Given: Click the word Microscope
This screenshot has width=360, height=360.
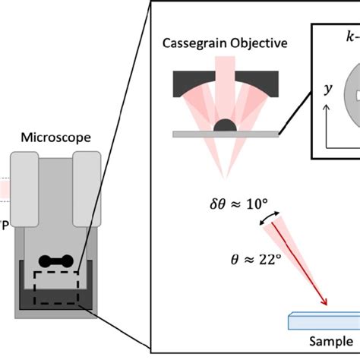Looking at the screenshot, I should (x=56, y=137).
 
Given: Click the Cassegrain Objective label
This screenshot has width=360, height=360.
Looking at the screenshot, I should (x=226, y=43).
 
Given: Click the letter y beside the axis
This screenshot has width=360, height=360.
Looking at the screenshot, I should (x=328, y=89).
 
